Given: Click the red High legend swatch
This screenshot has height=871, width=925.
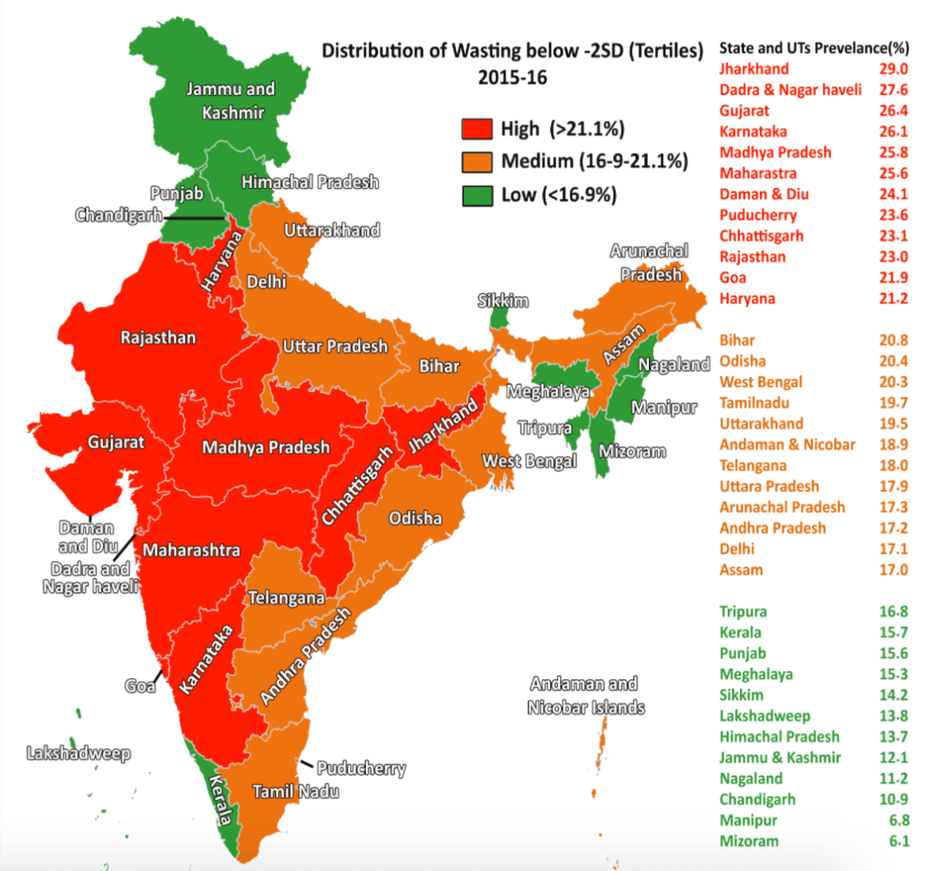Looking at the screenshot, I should pos(477,129).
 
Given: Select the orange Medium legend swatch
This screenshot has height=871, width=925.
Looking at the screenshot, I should pos(477,162).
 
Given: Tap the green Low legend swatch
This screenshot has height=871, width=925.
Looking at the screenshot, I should pos(477,195).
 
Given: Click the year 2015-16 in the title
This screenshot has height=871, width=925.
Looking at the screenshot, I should pos(512,77).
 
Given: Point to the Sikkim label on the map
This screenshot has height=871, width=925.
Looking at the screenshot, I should pos(502,300).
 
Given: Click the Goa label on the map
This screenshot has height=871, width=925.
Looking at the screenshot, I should pos(140,685).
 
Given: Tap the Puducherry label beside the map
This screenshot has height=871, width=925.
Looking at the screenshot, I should pos(360,768).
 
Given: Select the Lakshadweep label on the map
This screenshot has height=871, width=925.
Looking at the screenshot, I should pos(78,753).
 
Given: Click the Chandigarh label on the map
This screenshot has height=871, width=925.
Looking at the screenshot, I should pos(118,215).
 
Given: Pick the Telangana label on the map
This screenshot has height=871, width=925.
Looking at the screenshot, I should pos(285,598).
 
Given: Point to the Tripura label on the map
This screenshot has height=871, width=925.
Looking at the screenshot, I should pos(545,428).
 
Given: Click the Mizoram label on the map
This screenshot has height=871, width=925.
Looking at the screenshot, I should pos(632,451).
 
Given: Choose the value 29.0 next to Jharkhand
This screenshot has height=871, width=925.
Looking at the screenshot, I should pos(893,69).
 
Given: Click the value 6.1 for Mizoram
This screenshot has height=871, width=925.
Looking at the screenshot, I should pos(899,841).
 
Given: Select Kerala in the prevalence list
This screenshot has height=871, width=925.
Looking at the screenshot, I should pos(740,632).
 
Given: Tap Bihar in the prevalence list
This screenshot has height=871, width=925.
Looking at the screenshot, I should pos(737,340).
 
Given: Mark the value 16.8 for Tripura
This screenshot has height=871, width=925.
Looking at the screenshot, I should pos(893,611).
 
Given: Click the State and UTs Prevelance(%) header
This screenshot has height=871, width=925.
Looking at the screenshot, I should pos(813,48).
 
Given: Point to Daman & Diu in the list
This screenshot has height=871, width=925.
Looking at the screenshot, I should pos(764,194).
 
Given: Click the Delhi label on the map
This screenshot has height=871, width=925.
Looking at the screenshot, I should pos(266,281).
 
